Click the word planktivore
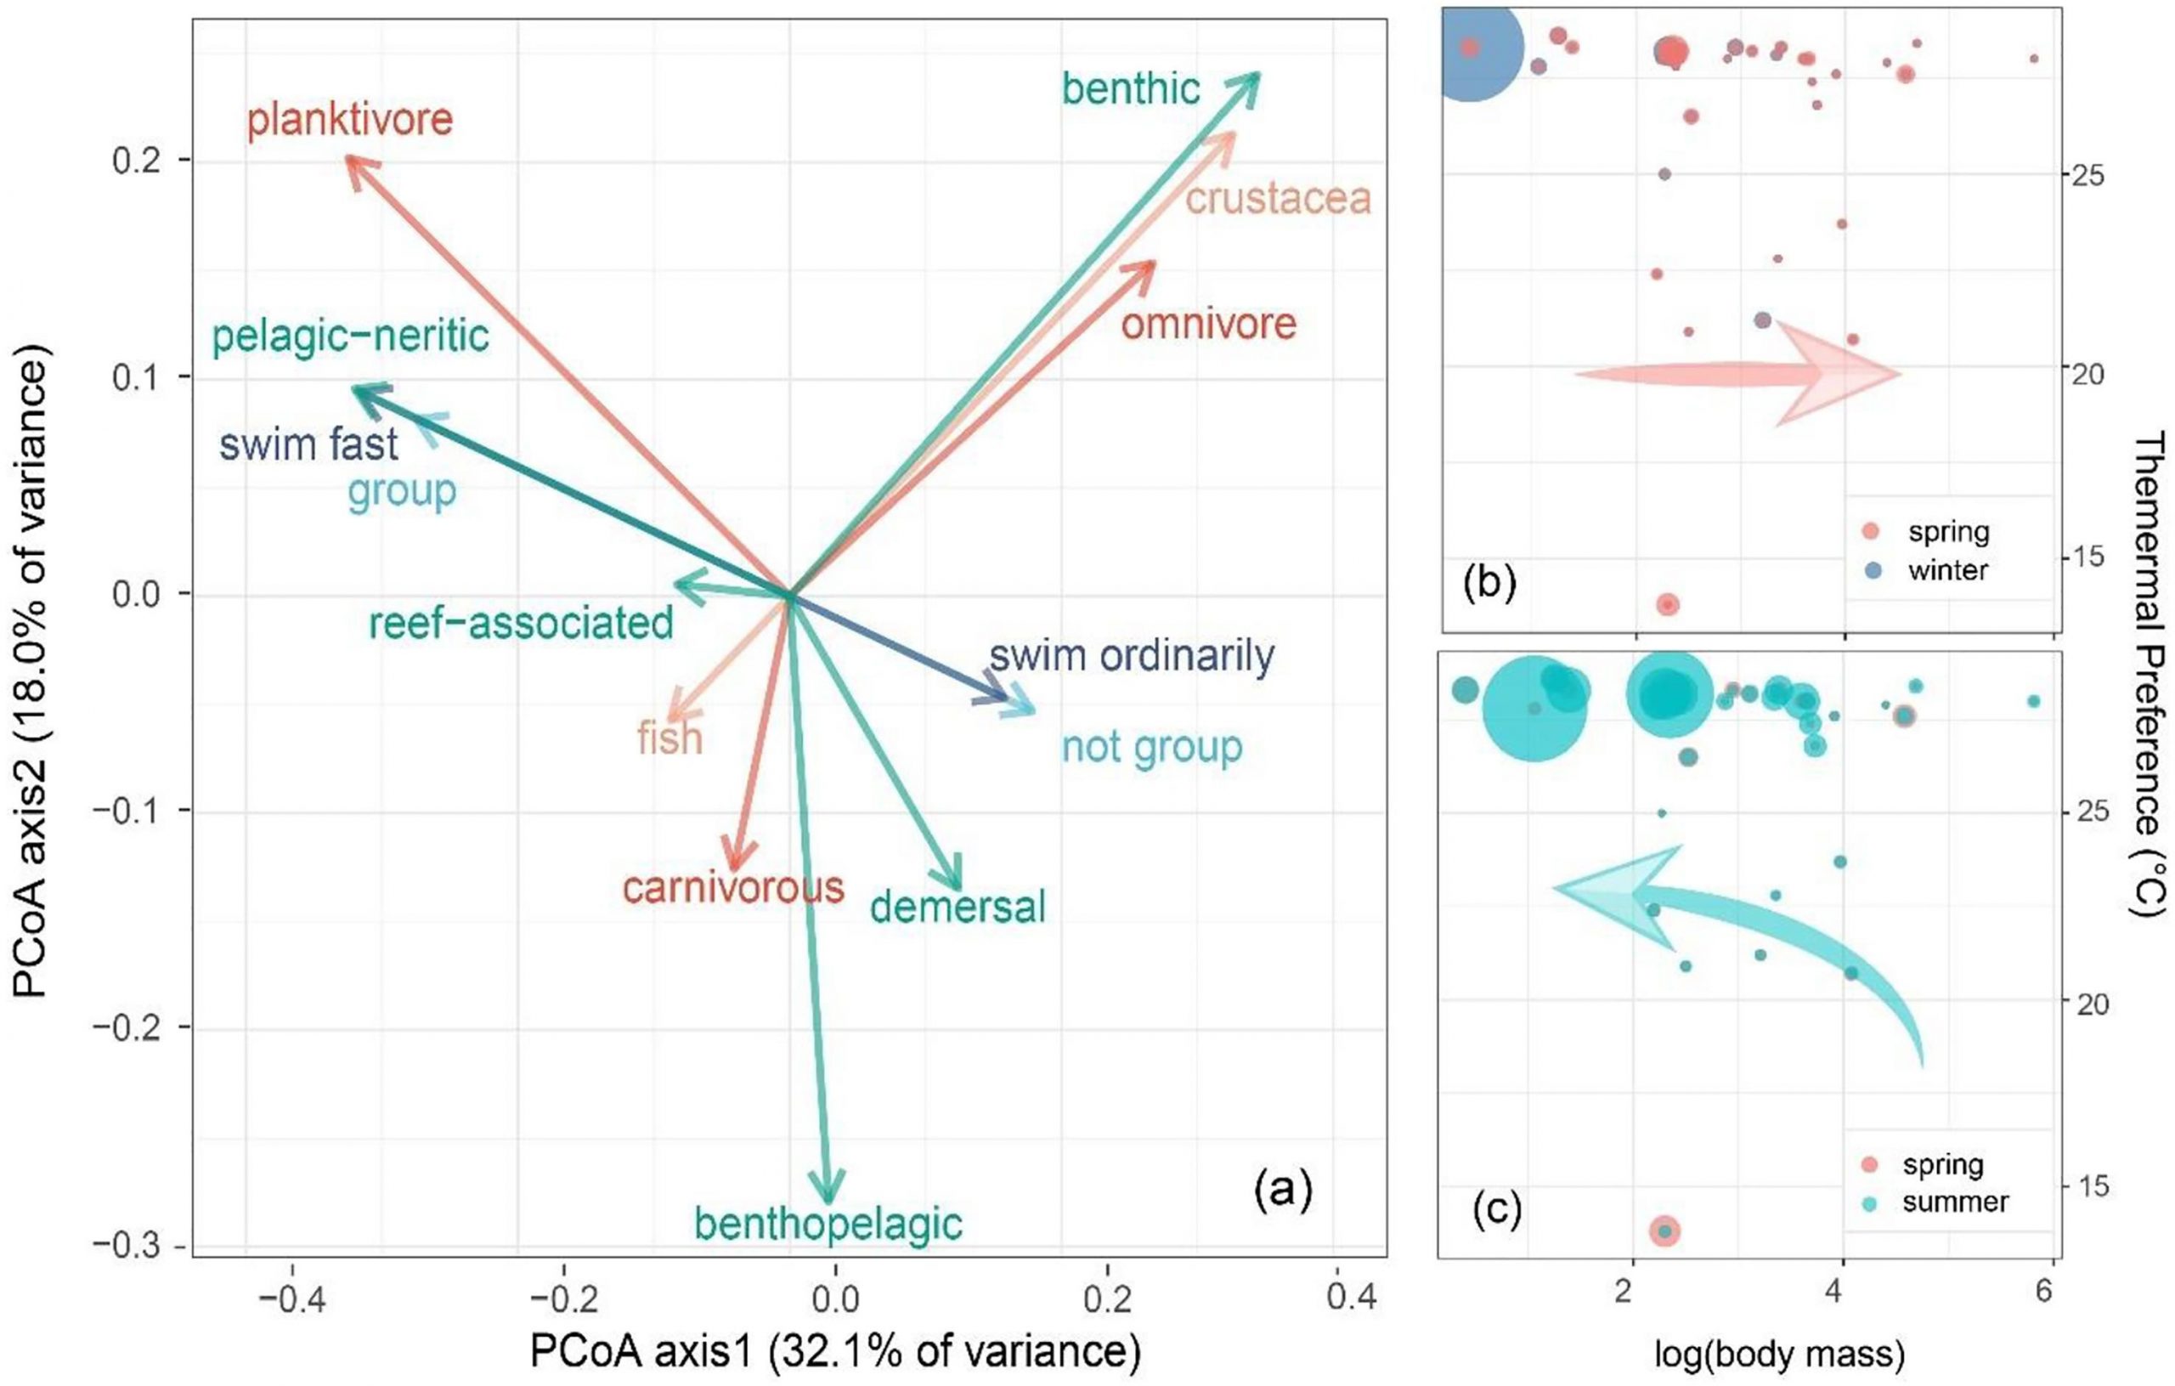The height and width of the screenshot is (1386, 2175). coord(349,120)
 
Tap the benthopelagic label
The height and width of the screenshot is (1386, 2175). coord(828,1225)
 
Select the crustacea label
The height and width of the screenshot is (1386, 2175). coord(1277,199)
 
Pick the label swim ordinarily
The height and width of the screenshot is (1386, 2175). coord(1131,656)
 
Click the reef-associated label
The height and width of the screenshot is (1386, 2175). coord(521,624)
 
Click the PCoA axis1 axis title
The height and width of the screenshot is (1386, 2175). coord(834,1352)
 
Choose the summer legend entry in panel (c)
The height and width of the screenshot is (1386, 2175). coord(1954,1202)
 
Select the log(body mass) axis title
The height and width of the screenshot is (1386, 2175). coord(1779,1354)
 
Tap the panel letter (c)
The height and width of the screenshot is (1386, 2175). coord(1497,1208)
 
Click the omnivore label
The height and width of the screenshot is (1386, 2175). coord(1208,324)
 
